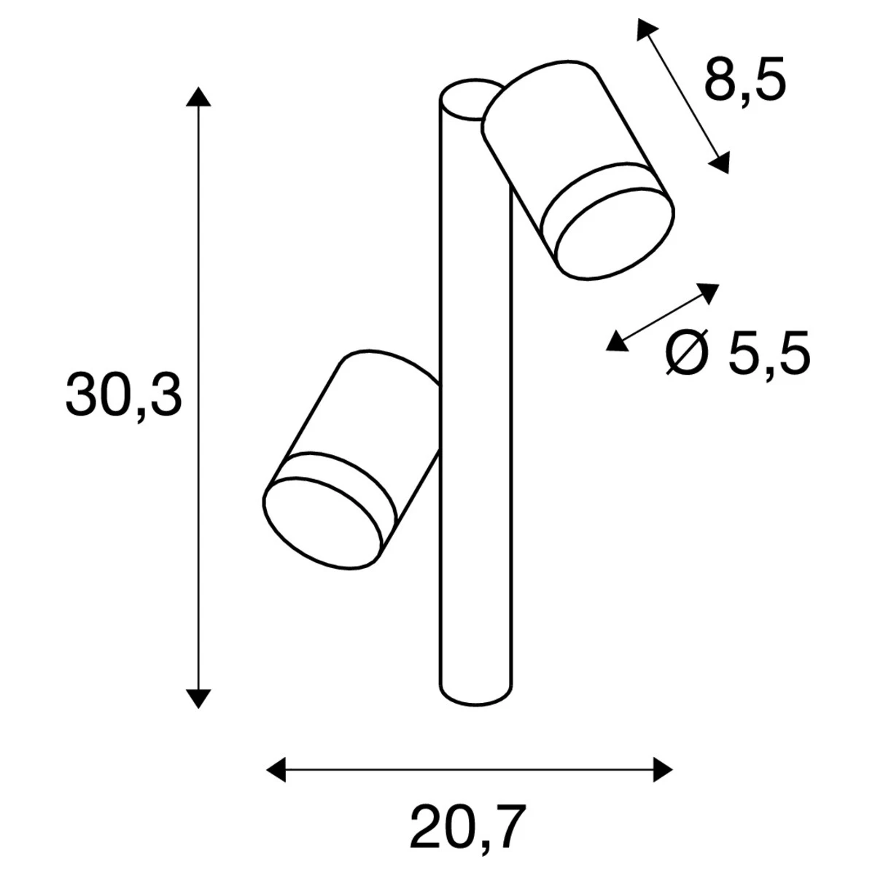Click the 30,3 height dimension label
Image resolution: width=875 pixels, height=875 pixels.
point(122,396)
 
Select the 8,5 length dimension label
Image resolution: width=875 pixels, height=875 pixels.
point(744,82)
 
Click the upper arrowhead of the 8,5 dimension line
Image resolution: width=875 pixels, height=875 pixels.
point(645,30)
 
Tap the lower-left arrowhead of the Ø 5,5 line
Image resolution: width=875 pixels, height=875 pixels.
point(617,341)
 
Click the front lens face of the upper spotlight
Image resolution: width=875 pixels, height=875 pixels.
point(614,233)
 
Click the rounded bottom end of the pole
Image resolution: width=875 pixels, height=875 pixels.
point(474,696)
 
